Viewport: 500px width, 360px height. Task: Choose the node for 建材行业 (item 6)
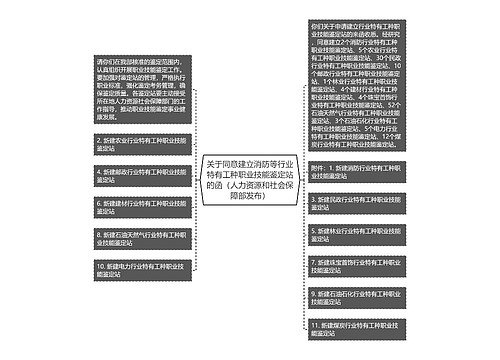click(139, 207)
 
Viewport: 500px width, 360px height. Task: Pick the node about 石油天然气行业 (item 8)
click(139, 238)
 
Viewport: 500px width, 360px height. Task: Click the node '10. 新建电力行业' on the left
click(139, 269)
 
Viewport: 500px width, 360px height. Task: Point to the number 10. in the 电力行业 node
click(102, 265)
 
